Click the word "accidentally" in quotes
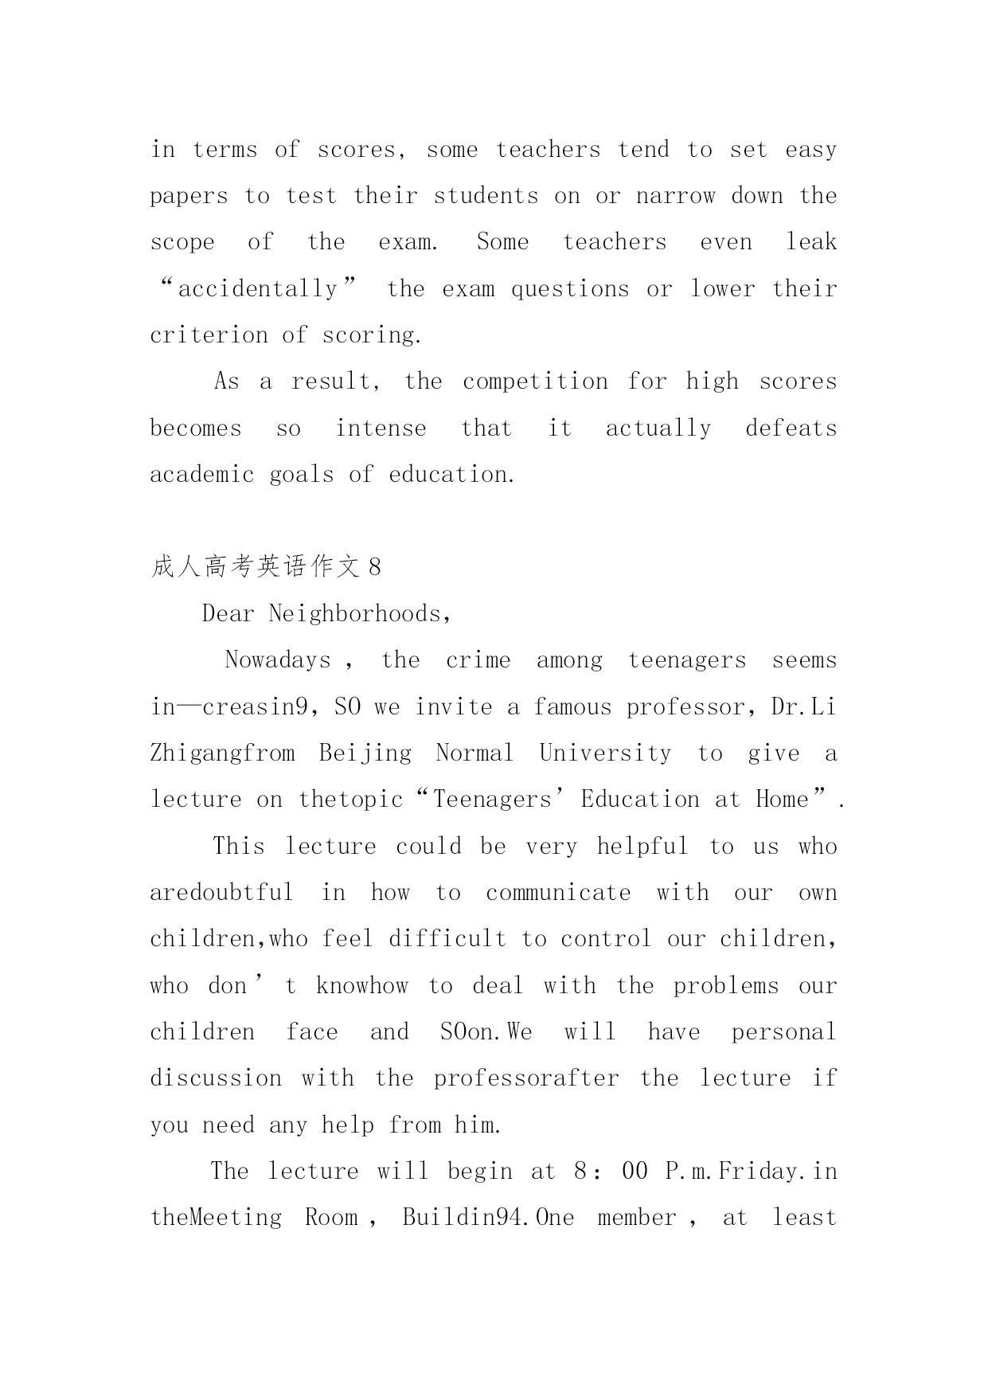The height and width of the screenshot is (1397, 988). pos(258,288)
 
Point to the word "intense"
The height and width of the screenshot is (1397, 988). pos(381,428)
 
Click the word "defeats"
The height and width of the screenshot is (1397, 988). pos(791,428)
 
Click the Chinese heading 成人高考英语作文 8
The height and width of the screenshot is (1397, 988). pos(266,567)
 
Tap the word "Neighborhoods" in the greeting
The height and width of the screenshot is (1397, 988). pos(360,613)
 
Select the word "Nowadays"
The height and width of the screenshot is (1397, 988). pos(278,660)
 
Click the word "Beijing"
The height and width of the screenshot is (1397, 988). pos(365,753)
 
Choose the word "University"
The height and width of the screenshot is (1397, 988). pos(605,753)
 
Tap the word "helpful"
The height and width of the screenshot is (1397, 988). pos(642,846)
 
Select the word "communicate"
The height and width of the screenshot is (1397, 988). pos(558,893)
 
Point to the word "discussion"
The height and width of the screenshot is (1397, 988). pos(216,1078)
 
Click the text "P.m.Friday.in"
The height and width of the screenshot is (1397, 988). pos(751,1172)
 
